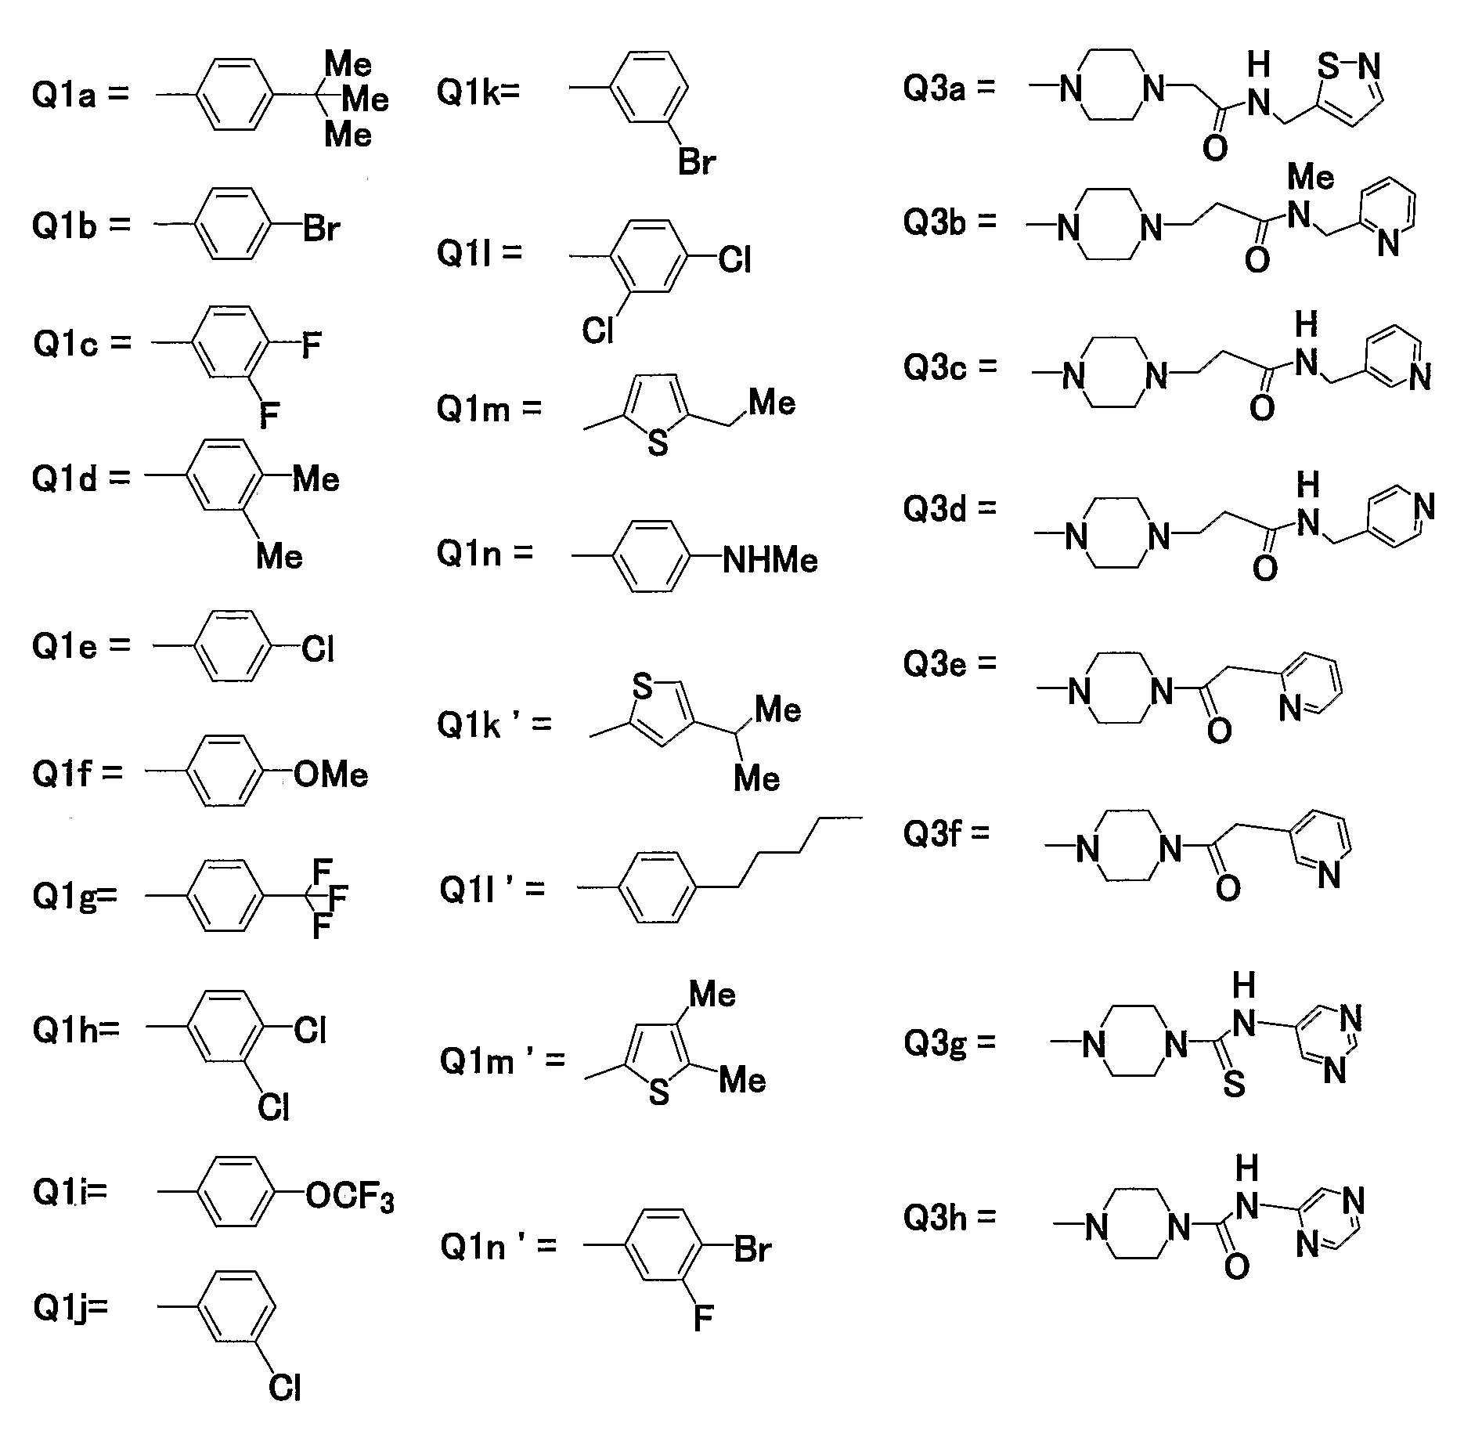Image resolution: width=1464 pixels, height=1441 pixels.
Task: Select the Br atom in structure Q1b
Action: coord(323,229)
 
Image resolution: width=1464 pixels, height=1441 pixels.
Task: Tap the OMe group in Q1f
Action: coord(331,775)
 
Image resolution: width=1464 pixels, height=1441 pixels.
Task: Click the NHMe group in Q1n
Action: coord(770,561)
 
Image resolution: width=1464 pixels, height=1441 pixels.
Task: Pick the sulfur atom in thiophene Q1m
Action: coord(658,444)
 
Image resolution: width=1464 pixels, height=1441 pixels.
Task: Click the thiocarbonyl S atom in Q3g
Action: coord(1234,1084)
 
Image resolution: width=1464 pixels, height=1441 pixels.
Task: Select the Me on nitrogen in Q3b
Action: coord(1311,178)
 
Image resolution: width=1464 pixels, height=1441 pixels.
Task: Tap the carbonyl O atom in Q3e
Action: coord(1219,731)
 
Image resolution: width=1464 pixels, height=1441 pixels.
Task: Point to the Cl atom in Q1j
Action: coord(284,1410)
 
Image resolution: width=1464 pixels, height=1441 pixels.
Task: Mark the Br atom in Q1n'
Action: coord(753,1250)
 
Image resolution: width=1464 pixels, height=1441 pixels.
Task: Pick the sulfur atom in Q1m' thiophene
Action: coord(659,1092)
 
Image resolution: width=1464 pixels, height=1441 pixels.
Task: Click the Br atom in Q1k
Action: coord(697,163)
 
